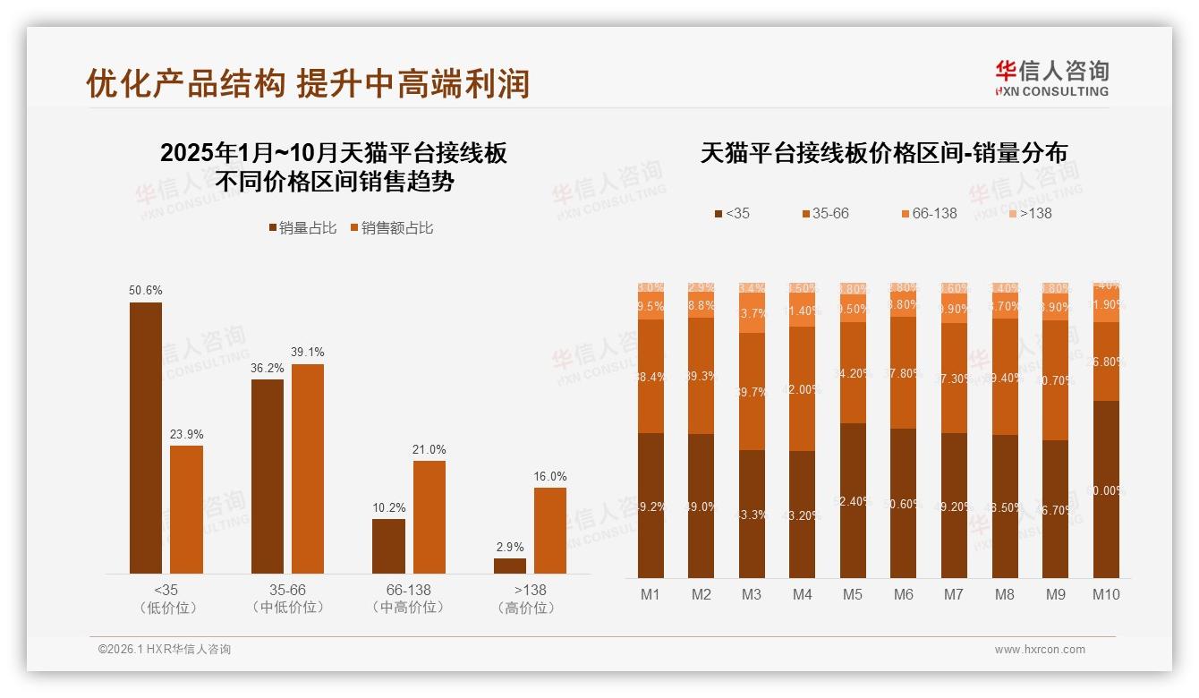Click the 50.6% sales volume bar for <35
(x=146, y=438)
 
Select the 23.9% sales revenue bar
(x=186, y=509)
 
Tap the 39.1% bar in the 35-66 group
(x=308, y=468)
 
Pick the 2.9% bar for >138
(x=510, y=566)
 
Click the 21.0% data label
(x=429, y=449)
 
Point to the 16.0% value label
(x=549, y=476)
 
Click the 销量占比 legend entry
(x=302, y=228)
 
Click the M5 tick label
(x=853, y=594)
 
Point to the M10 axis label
(x=1106, y=594)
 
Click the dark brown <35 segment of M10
(x=1106, y=489)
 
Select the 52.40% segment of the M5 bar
(x=853, y=500)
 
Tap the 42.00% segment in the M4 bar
(x=803, y=388)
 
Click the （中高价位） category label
(x=409, y=608)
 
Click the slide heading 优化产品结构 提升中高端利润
(x=308, y=83)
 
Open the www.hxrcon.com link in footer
(x=1040, y=650)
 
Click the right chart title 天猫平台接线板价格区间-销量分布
(x=883, y=153)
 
